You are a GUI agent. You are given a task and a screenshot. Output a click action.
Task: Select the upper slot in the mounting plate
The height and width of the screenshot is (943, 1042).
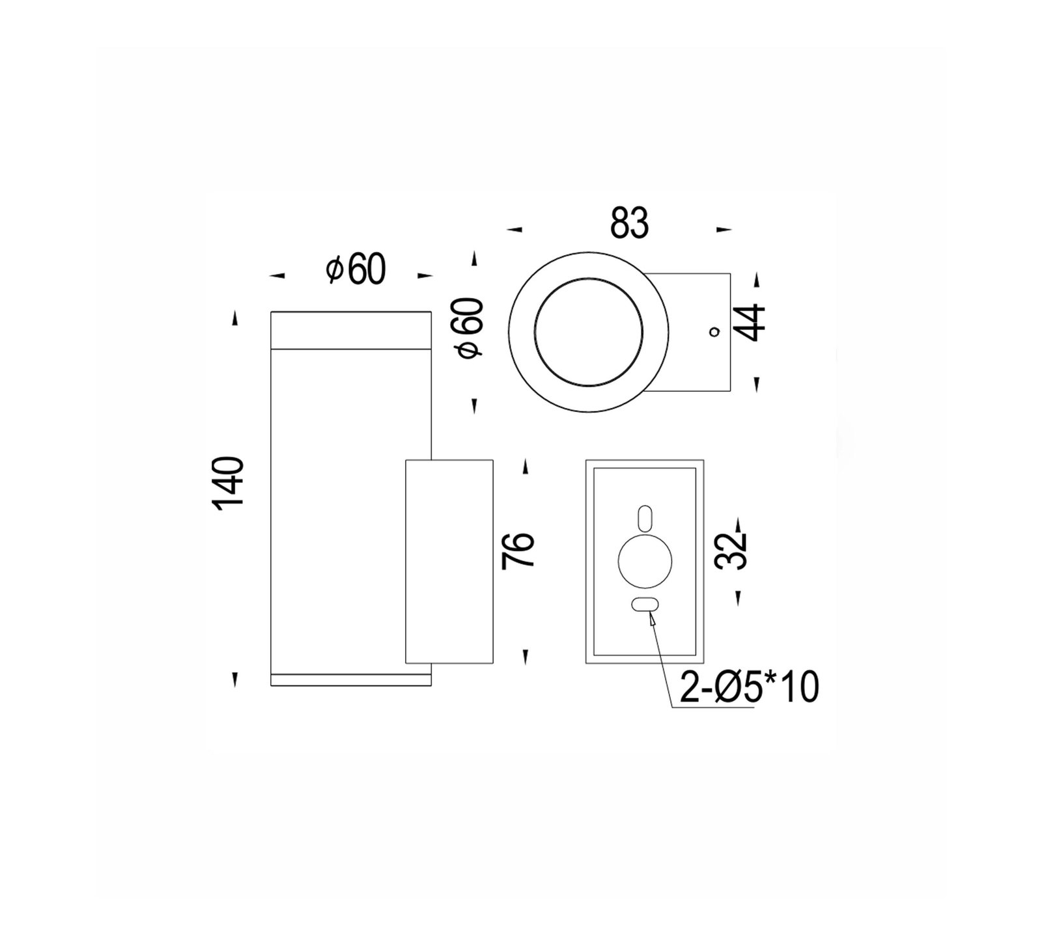click(x=645, y=517)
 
